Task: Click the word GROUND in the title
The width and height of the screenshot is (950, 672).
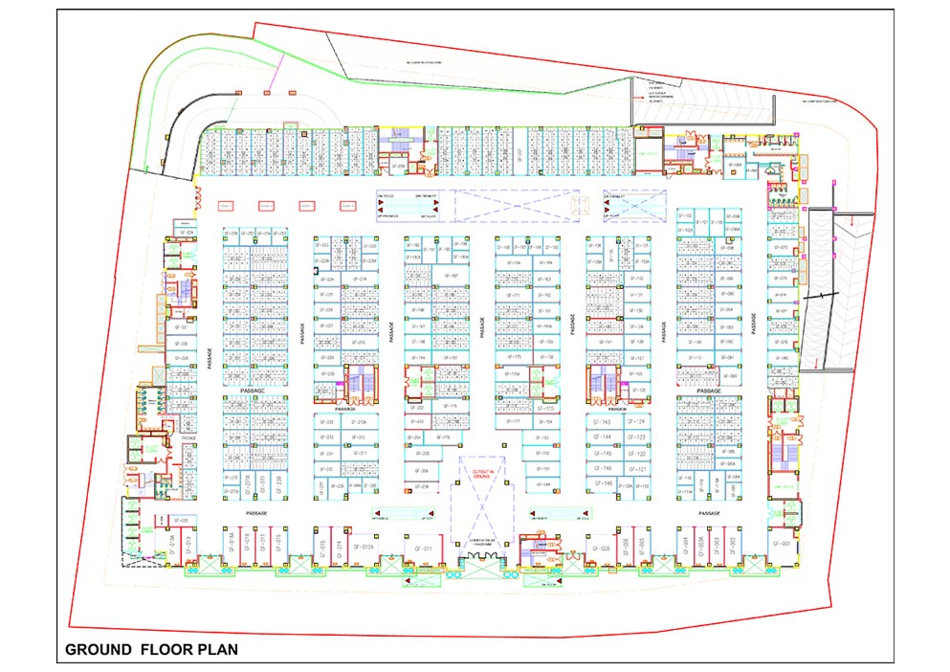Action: click(99, 650)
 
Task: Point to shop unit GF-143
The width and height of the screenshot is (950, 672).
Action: click(603, 422)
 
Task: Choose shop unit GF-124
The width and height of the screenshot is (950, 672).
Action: click(638, 422)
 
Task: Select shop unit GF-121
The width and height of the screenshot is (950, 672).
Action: click(638, 469)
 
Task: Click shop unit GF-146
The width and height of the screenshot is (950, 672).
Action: click(603, 468)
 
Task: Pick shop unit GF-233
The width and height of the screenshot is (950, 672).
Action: click(326, 437)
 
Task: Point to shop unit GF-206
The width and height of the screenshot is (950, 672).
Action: click(422, 471)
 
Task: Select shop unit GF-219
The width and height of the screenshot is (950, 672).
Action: click(361, 279)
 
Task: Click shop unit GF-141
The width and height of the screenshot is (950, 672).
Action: click(605, 342)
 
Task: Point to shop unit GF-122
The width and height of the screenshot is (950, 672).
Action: click(638, 453)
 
